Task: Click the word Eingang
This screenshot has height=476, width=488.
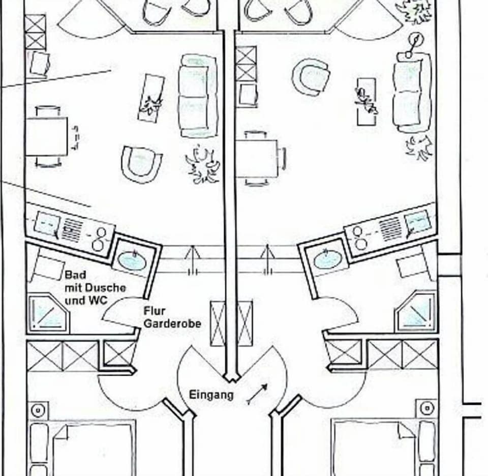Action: coord(211,395)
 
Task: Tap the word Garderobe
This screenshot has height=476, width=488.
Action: coord(172,323)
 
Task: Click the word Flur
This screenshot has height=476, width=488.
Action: coord(155,310)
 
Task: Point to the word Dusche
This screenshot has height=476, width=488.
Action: coord(109,288)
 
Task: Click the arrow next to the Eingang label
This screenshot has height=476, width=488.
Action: coord(258,394)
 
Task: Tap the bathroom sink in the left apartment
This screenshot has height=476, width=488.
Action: coord(132,260)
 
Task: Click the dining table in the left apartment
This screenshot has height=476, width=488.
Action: coord(47,136)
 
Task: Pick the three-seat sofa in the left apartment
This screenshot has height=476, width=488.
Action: coord(198,96)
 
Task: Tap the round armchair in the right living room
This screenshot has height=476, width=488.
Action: coord(311,77)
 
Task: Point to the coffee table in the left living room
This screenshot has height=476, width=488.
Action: coord(151,98)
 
